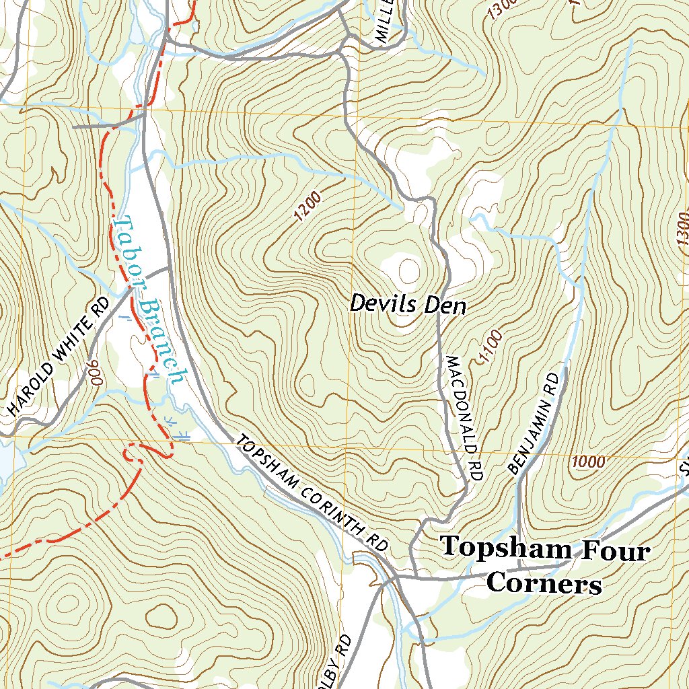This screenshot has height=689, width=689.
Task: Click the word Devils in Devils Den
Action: pos(379,305)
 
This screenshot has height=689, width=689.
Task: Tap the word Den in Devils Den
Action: pos(447,306)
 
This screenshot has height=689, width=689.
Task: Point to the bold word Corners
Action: pos(544,583)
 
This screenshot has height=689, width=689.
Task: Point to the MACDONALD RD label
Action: pos(464,417)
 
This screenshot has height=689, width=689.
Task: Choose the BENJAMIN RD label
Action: pos(534,423)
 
